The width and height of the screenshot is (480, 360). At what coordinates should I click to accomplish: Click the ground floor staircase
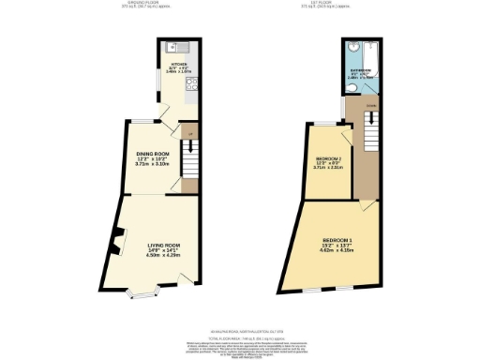click(189, 169)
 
